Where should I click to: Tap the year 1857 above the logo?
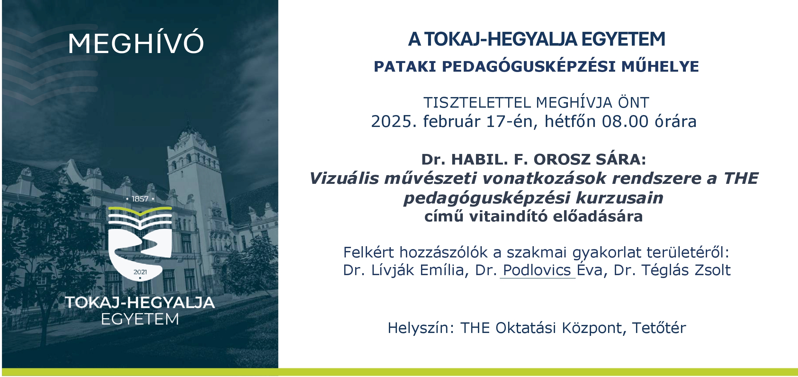point(140,199)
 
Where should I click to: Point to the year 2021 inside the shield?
point(140,272)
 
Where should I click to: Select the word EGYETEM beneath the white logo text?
point(140,319)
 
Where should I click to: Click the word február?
point(451,121)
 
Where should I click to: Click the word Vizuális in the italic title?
point(344,178)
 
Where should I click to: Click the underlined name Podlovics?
point(537,270)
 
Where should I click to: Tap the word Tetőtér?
point(659,328)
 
